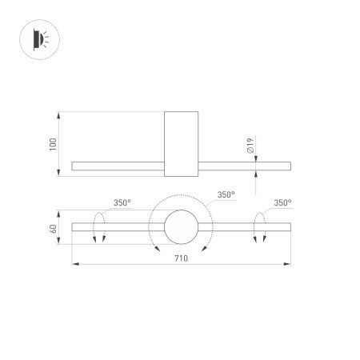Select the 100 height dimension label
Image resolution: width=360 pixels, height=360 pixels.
click(53, 145)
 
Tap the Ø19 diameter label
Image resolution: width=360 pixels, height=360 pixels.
click(250, 146)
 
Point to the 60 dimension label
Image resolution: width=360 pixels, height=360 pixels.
click(53, 228)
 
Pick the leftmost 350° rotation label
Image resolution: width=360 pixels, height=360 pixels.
click(122, 203)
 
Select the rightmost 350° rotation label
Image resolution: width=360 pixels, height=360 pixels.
click(282, 203)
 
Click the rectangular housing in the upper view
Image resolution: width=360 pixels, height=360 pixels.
click(180, 144)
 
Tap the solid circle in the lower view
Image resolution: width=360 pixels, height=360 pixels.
click(180, 226)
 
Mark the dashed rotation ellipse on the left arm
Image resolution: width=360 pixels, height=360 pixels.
click(100, 227)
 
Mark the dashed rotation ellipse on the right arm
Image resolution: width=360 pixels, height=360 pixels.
click(260, 227)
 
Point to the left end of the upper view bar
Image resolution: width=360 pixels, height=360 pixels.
click(74, 166)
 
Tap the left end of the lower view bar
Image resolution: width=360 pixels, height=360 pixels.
click(74, 227)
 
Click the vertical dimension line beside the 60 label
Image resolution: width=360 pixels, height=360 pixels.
click(61, 228)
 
